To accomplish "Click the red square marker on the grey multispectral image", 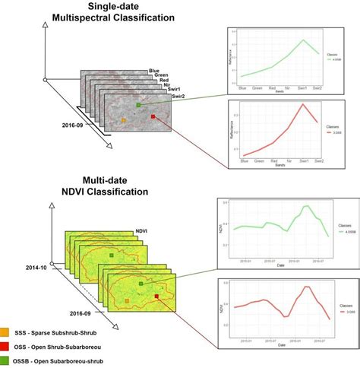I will click(x=153, y=116).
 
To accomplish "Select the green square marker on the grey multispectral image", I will click(x=137, y=106).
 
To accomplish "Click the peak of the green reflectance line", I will click(x=303, y=40).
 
